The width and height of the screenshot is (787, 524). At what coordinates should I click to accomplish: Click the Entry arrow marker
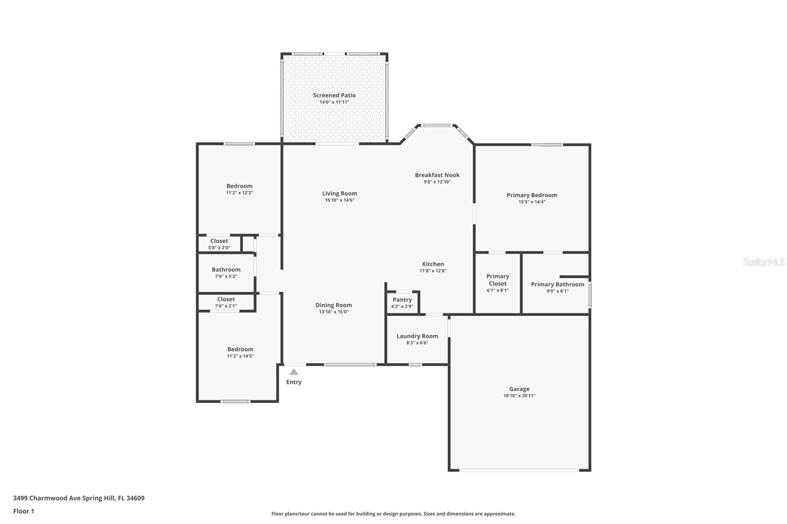click(294, 372)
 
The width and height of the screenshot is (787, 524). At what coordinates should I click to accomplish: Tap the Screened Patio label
click(334, 95)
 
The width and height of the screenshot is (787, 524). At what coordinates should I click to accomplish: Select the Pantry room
click(402, 303)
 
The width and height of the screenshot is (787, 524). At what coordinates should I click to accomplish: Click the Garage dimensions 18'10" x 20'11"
click(519, 396)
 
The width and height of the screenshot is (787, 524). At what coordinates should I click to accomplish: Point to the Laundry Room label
click(417, 336)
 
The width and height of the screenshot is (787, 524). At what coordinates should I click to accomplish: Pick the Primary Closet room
click(497, 283)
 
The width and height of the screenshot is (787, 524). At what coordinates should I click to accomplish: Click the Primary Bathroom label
click(557, 284)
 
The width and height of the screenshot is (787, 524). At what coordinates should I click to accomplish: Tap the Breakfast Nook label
click(437, 175)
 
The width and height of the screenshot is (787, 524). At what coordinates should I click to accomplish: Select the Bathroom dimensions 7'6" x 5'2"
click(226, 276)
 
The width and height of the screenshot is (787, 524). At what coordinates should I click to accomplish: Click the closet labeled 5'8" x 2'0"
click(219, 244)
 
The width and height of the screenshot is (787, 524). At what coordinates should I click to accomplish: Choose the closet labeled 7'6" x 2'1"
click(226, 302)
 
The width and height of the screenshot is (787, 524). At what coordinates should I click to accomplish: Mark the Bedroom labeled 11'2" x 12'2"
click(240, 189)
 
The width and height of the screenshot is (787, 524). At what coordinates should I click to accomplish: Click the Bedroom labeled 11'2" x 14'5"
click(240, 352)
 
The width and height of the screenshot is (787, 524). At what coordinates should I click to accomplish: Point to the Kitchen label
click(433, 264)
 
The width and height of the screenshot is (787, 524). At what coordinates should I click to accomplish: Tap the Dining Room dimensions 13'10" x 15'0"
click(333, 312)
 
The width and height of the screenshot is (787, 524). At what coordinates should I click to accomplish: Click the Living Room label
click(339, 193)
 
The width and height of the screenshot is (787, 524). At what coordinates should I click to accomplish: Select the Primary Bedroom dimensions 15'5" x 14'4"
click(532, 202)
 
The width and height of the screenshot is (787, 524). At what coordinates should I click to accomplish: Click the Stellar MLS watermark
click(763, 262)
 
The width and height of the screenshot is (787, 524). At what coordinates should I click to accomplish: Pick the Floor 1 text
click(24, 511)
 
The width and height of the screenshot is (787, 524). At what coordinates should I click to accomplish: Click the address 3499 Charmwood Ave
click(79, 498)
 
